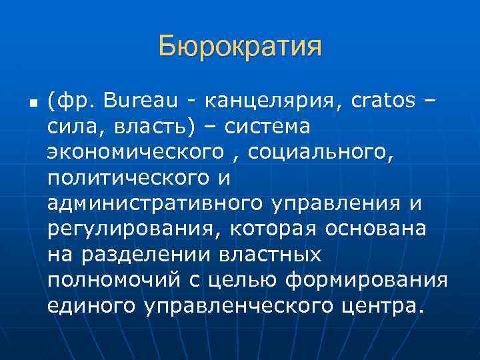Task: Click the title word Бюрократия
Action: click(240, 47)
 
